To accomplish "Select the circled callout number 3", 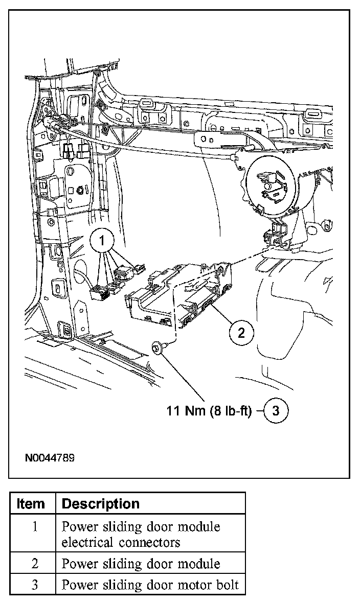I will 276,411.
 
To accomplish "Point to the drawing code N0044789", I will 50,458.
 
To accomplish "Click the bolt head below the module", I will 156,348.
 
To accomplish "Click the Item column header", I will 31,504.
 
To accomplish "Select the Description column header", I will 100,504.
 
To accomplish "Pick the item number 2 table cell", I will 34,564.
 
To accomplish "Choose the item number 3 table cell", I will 34,585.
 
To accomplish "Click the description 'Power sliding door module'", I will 141,564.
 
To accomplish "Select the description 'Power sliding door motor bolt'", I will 150,585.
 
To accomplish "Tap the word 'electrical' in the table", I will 91,542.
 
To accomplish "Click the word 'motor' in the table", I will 197,585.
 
